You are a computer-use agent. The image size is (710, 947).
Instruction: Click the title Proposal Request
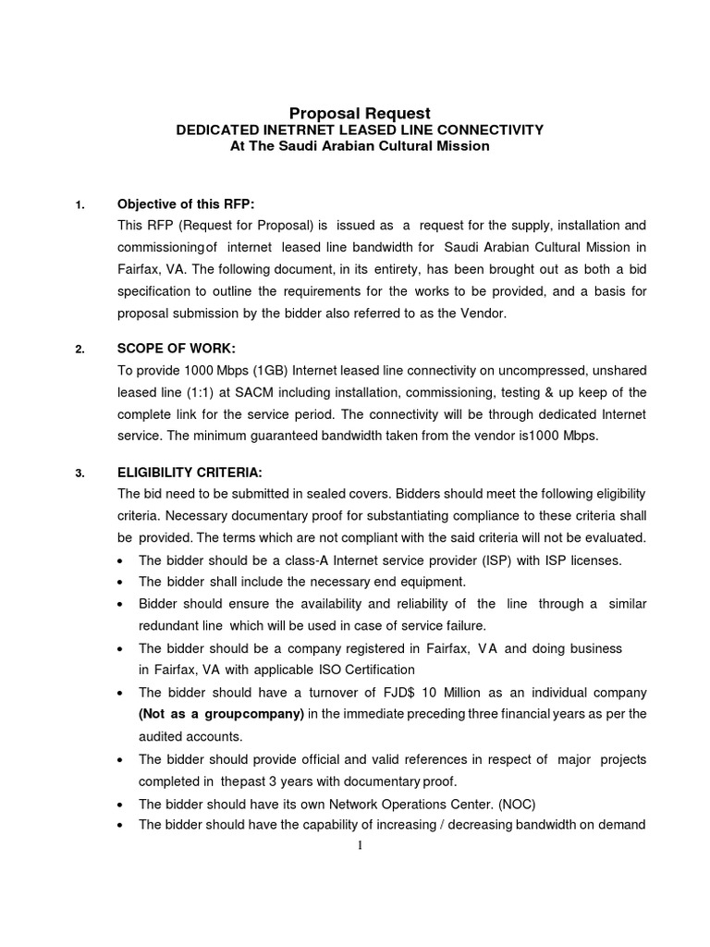[361, 113]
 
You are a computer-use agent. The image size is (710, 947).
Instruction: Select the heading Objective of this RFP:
[185, 204]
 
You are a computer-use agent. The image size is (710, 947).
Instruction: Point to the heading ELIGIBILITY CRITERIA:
[191, 473]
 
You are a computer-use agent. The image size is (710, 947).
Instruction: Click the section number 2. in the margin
[80, 350]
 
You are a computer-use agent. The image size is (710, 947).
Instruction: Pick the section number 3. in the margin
[80, 473]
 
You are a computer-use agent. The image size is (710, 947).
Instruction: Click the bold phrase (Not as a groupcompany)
[221, 714]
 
